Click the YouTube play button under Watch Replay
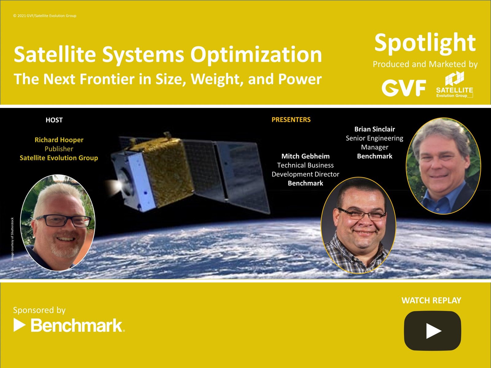432,331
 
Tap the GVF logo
404,88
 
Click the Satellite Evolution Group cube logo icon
454,79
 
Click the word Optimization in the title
256,55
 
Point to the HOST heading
54,120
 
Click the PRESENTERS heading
291,120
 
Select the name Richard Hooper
59,140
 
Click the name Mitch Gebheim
305,156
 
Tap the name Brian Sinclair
375,129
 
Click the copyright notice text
45,16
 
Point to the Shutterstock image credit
12,239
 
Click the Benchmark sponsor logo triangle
19,325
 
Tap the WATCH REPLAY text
431,301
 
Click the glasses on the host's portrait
64,221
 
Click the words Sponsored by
39,310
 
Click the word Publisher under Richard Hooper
59,149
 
